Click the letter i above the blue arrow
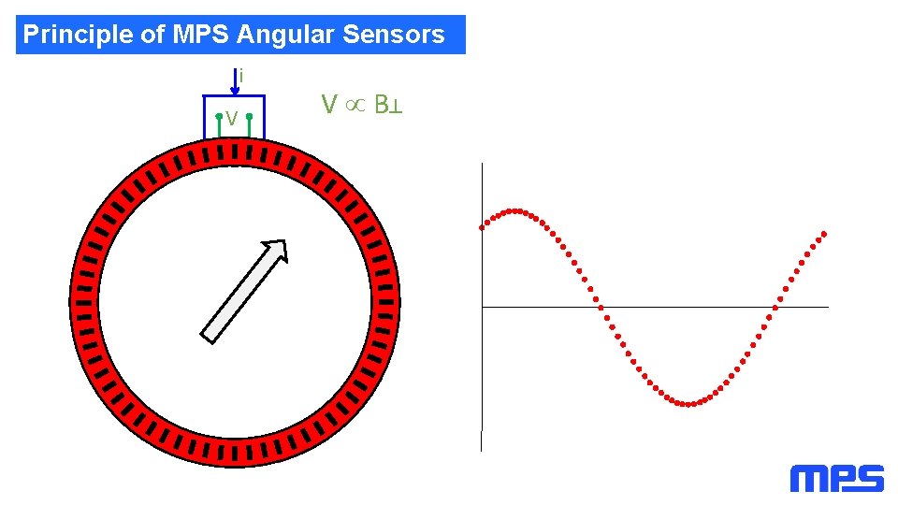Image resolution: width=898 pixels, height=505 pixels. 242,75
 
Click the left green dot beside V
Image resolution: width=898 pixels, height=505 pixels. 218,117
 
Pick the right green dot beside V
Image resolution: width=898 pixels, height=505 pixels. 250,117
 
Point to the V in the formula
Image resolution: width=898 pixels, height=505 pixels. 328,104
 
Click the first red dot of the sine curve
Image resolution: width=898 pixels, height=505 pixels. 483,226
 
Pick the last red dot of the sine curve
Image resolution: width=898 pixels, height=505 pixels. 824,233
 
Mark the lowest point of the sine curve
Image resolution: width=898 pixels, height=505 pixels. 688,404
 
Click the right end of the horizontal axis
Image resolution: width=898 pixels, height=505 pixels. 827,306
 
